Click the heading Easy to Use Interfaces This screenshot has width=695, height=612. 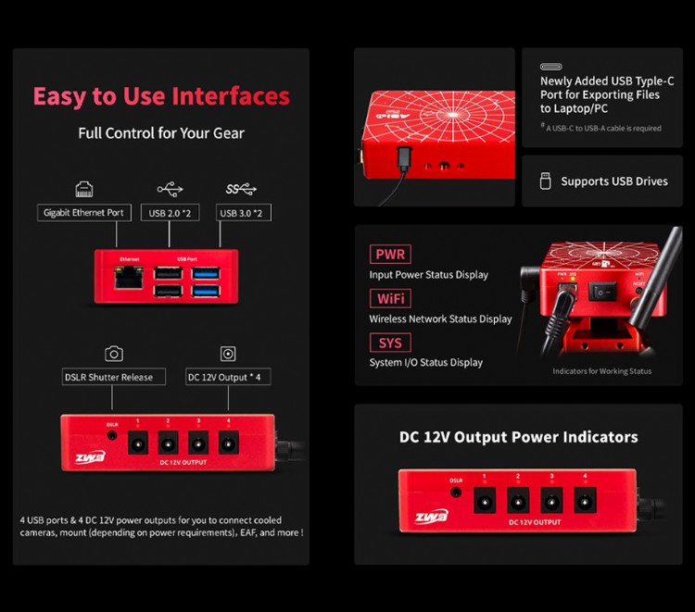161,96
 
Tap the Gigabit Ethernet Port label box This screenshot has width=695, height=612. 83,213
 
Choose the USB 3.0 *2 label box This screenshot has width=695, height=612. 245,213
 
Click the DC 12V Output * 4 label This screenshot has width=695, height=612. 228,377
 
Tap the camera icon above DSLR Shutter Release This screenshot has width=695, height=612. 114,354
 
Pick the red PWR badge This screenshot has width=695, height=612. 390,255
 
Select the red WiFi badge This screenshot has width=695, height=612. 390,299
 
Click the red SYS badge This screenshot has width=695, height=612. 389,343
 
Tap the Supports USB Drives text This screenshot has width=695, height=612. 613,181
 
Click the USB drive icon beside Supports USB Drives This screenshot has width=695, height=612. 545,181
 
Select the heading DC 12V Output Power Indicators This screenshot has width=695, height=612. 518,437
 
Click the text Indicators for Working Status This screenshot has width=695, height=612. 601,371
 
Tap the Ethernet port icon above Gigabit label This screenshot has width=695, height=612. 83,190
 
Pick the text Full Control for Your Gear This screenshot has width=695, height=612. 161,133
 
